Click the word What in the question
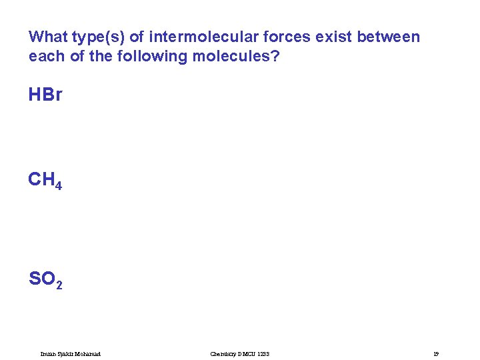tap(49, 37)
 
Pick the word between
tap(389, 37)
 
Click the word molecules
tap(231, 56)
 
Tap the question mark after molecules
tap(275, 56)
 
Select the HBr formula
tap(45, 95)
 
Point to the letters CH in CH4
tap(41, 180)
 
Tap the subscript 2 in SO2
tap(59, 285)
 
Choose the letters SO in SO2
tap(41, 279)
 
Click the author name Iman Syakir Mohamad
tap(71, 353)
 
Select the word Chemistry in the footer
tap(223, 353)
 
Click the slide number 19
tap(435, 353)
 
